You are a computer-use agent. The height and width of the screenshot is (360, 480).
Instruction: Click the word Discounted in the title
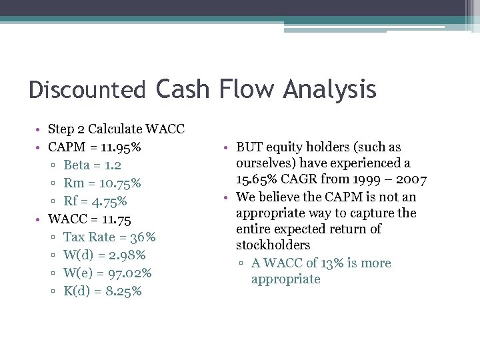point(87,90)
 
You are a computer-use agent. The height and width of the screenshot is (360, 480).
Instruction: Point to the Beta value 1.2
point(113,165)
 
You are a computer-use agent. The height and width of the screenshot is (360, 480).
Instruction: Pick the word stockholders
point(273,246)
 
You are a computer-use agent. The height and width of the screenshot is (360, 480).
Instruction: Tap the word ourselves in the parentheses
point(263,163)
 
